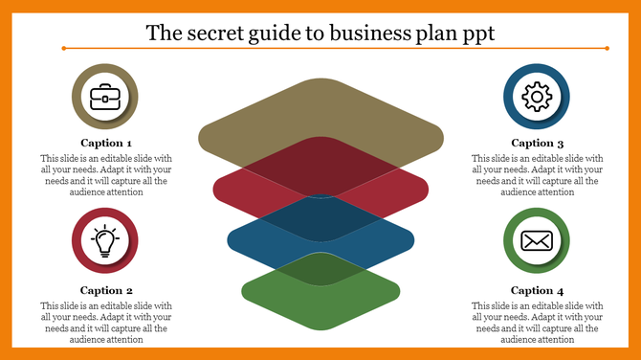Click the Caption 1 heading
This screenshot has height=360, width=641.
[106, 143]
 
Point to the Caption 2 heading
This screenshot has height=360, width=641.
[106, 290]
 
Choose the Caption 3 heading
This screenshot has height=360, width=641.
[537, 143]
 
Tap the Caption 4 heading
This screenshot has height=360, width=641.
[537, 290]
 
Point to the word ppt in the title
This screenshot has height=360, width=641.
[475, 34]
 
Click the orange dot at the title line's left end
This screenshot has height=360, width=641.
[63, 47]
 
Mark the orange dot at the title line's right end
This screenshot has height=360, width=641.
[607, 47]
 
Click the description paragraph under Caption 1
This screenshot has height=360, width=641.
[106, 174]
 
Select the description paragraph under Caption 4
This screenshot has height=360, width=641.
[537, 322]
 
